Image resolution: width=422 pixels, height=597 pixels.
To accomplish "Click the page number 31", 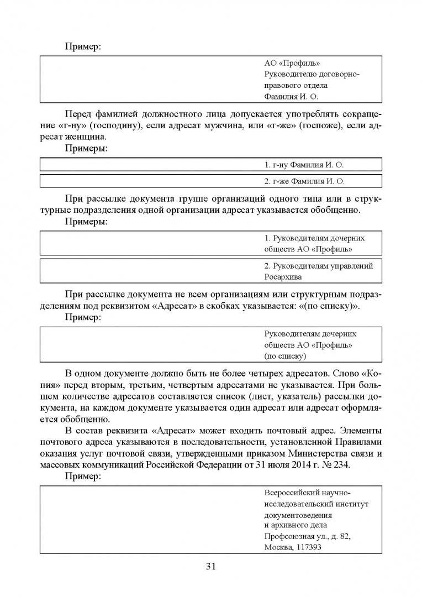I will [x=210, y=566].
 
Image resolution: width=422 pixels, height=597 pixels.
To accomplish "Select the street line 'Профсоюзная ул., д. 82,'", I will [x=308, y=537].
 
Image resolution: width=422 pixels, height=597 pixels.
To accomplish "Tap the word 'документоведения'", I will [x=300, y=515].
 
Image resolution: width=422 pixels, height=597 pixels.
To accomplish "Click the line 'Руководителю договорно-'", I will [x=312, y=74].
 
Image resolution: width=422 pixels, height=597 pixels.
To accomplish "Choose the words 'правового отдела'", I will [x=296, y=85].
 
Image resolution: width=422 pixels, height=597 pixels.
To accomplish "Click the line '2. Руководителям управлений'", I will [x=319, y=266].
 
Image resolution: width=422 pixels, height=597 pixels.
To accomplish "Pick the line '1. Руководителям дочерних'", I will [x=315, y=238].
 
